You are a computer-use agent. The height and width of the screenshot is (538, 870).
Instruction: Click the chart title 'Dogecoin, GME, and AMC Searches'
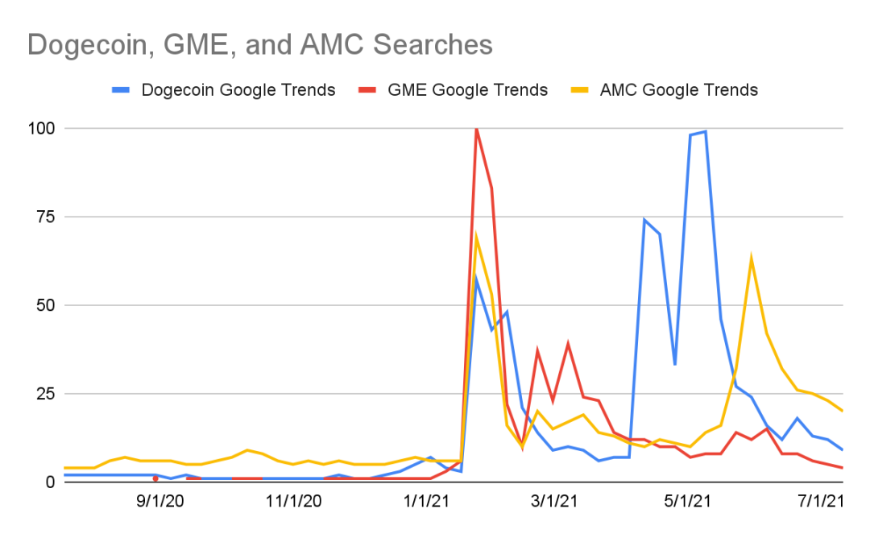coord(259,45)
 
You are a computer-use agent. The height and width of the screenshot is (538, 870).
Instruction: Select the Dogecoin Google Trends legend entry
coord(224,90)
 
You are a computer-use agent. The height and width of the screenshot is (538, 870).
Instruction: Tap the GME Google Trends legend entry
coord(453,90)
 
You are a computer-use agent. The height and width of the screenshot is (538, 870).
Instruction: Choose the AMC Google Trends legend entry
coord(664,90)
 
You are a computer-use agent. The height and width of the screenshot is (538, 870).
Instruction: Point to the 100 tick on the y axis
coord(42,128)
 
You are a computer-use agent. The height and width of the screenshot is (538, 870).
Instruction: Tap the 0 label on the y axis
coord(51,482)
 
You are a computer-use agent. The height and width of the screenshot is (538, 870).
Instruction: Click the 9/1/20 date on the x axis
coord(160,502)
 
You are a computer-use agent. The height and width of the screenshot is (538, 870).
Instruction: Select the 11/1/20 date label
coord(294,502)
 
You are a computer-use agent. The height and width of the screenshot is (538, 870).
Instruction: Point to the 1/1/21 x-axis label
coord(427,502)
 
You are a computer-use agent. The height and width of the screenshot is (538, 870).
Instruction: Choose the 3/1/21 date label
coord(554,502)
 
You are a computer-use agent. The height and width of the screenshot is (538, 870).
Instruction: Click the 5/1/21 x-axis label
coord(687,502)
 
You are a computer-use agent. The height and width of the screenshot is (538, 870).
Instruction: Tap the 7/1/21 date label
coord(821,502)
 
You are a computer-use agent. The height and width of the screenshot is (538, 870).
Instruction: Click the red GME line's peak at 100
coord(476,129)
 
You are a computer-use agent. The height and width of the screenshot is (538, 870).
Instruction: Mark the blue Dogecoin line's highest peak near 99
coord(705,131)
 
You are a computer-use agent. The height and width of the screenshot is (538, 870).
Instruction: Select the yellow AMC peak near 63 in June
coord(752,259)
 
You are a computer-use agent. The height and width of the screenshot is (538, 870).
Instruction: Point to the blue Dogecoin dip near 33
coord(675,364)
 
